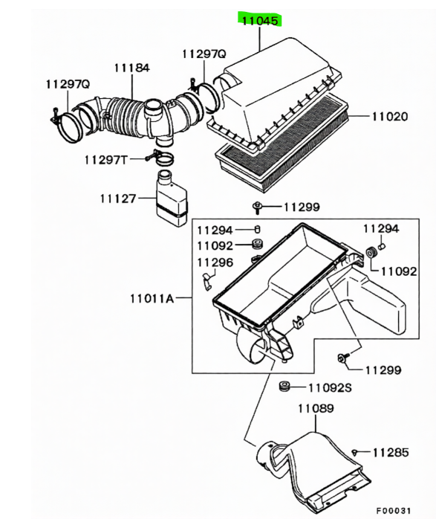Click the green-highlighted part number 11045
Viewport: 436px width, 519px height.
point(260,21)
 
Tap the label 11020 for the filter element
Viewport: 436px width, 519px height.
point(390,116)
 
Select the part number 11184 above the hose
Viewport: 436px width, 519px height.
point(132,68)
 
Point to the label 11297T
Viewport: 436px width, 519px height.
point(105,160)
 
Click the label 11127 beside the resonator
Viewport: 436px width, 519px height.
point(118,199)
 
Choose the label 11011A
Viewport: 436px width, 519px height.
point(152,299)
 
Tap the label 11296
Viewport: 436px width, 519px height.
point(215,262)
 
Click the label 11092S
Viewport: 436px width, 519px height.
point(330,387)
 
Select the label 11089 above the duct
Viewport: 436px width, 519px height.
point(316,408)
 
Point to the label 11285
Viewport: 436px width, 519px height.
point(391,452)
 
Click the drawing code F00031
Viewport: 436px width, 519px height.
point(394,510)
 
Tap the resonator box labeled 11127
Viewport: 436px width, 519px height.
point(172,199)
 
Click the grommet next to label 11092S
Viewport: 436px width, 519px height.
point(284,386)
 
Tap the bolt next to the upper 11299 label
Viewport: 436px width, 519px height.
point(257,207)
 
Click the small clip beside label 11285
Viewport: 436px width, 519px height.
point(355,452)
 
